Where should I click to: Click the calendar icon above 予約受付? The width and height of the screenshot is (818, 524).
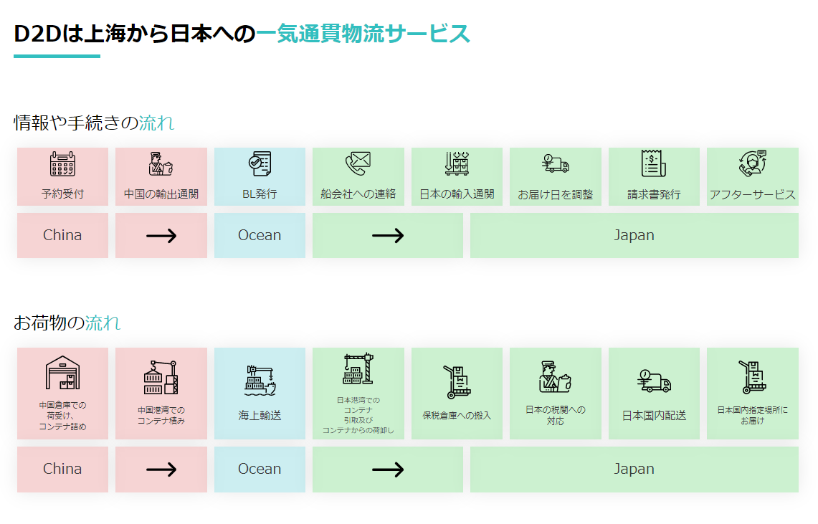coord(62,164)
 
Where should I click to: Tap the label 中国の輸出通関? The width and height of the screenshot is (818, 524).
coord(161,194)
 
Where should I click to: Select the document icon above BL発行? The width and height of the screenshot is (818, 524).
coord(259,164)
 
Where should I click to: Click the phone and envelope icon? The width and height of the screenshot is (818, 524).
coord(358,164)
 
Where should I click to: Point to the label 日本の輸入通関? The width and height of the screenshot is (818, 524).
coord(457,194)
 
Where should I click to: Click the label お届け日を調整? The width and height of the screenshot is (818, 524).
coord(556,195)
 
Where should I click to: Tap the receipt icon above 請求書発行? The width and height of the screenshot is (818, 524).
coord(653,163)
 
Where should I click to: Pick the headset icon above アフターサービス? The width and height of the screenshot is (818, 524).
coord(752,163)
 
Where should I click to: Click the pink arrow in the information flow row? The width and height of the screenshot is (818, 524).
coord(161,235)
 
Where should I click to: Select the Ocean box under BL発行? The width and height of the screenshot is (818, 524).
coord(260,235)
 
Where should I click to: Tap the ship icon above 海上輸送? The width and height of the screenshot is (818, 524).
coord(260,380)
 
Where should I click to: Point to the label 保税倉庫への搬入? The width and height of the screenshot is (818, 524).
coord(457,415)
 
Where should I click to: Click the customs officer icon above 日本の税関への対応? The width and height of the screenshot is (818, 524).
coord(556,377)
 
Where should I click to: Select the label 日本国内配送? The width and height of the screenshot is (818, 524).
coord(654,415)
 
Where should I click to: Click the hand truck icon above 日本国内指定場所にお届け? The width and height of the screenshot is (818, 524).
coord(752,378)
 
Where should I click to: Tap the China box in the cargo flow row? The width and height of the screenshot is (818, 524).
coord(62,469)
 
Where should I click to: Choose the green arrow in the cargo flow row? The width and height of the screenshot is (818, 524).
coord(388,470)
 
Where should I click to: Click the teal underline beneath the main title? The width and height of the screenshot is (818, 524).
coord(57,56)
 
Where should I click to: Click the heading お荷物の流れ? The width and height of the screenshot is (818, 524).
coord(67,323)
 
